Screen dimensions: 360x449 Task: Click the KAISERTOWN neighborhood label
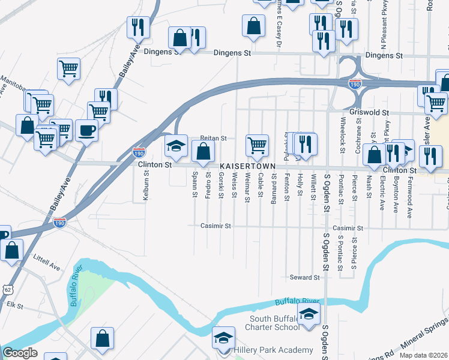247,166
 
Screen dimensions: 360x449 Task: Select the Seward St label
305,277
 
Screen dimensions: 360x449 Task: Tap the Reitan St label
213,138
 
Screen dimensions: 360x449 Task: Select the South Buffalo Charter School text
273,322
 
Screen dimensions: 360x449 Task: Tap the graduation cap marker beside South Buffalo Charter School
309,314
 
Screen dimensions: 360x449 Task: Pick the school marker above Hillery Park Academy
223,339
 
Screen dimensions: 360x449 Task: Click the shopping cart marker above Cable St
257,145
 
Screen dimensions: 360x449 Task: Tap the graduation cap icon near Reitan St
176,146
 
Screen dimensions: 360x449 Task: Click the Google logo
19,353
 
